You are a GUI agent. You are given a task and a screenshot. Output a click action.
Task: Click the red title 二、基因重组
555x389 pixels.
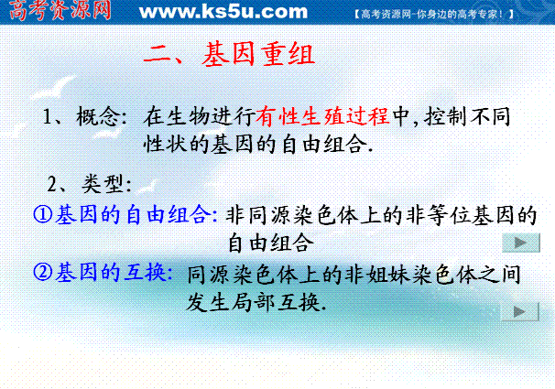point(229,54)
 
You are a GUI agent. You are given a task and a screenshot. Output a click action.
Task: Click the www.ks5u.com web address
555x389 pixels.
point(223,11)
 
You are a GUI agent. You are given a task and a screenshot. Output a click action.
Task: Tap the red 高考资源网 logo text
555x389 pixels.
point(60,10)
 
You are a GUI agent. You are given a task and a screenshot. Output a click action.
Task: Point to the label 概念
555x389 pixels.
point(97,116)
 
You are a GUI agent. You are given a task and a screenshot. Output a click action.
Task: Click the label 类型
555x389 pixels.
point(103,184)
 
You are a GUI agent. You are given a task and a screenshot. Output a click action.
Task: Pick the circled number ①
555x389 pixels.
point(43,214)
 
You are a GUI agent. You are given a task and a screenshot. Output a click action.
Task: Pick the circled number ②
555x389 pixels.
point(43,272)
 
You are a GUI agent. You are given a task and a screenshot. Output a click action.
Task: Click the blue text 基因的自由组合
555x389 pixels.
point(131,214)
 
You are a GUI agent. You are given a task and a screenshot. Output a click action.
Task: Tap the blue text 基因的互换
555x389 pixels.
point(111,272)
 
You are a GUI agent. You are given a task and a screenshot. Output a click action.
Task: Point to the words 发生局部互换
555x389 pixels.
point(253,302)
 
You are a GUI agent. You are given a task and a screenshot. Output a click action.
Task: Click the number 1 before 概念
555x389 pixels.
point(47,116)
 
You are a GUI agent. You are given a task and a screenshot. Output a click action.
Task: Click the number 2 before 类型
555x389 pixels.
point(51,184)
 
